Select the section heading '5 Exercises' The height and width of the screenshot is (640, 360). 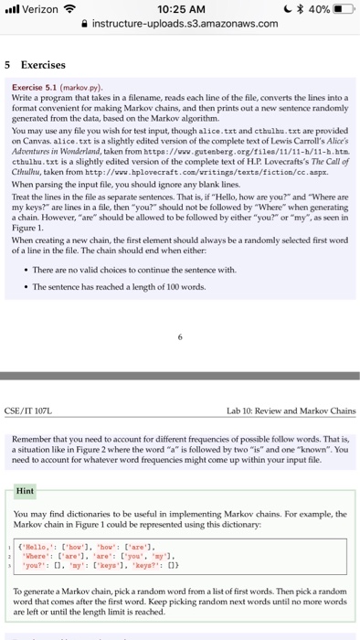(x=36, y=66)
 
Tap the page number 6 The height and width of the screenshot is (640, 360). (x=179, y=335)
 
